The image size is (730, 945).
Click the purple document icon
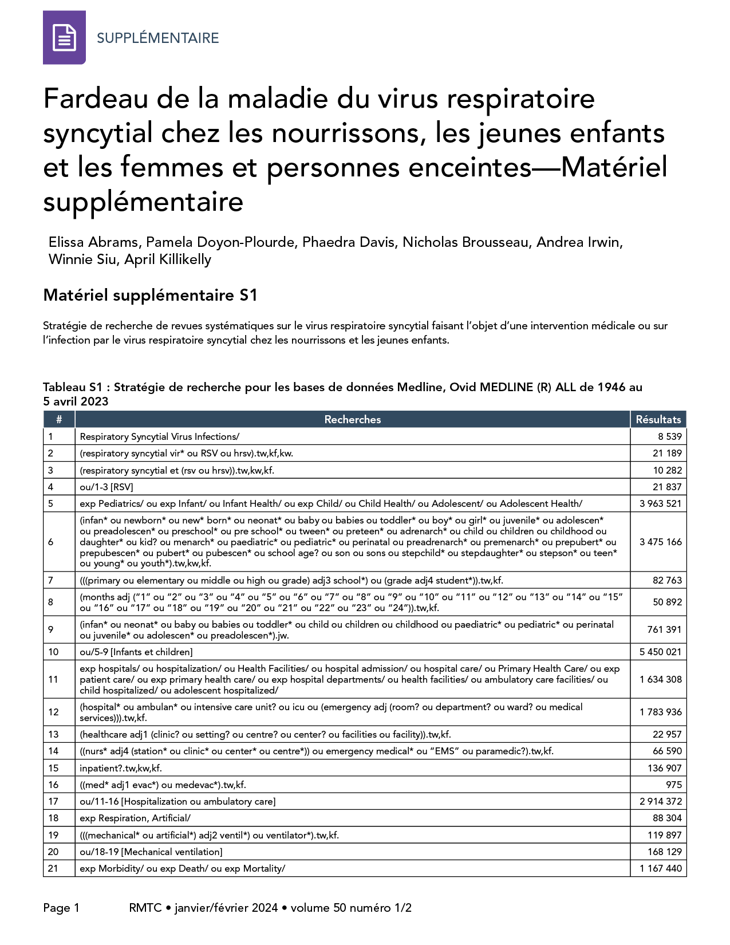pyautogui.click(x=64, y=37)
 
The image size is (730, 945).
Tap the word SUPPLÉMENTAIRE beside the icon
pyautogui.click(x=157, y=38)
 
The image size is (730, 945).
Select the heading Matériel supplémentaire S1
pyautogui.click(x=150, y=296)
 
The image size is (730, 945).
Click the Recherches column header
pyautogui.click(x=352, y=420)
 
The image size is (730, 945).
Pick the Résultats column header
pyautogui.click(x=658, y=420)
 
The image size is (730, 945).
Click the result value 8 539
pyautogui.click(x=669, y=436)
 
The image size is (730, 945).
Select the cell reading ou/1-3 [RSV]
pyautogui.click(x=106, y=487)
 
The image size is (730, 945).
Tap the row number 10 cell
pyautogui.click(x=53, y=652)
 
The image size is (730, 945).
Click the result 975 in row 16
pyautogui.click(x=674, y=785)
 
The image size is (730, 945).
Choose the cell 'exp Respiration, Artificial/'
pyautogui.click(x=135, y=818)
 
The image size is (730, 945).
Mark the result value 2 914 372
pyautogui.click(x=660, y=801)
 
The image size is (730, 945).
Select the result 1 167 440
pyautogui.click(x=660, y=868)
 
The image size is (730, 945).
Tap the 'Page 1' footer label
pyautogui.click(x=61, y=908)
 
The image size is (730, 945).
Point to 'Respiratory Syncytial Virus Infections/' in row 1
pyautogui.click(x=160, y=436)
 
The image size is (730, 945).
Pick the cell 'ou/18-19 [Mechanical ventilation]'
pyautogui.click(x=151, y=852)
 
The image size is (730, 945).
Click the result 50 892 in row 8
pyautogui.click(x=667, y=602)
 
